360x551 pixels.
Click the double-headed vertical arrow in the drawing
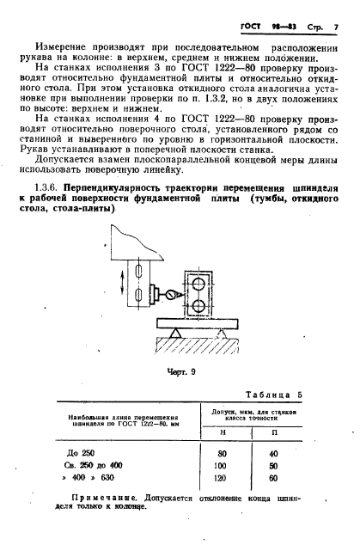pyautogui.click(x=121, y=284)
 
